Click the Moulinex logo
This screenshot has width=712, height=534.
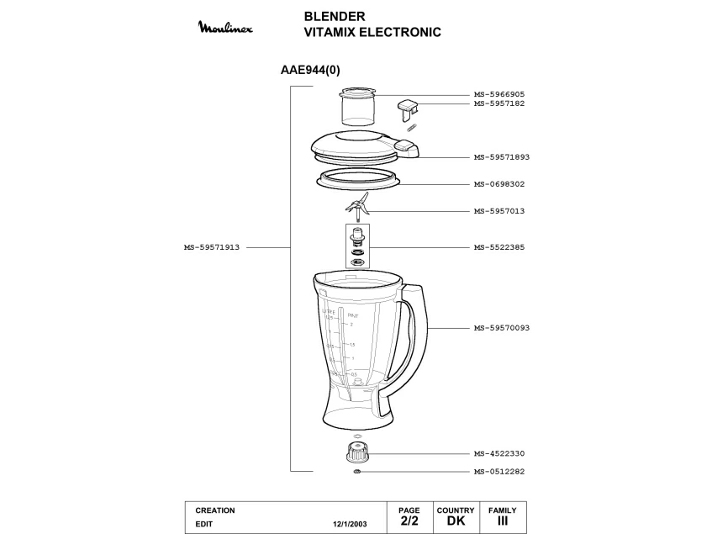pos(224,29)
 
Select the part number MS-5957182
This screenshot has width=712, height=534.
pos(498,103)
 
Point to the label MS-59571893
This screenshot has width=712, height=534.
pos(501,157)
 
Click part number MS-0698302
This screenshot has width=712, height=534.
pos(498,184)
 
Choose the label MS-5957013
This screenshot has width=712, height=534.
pos(498,211)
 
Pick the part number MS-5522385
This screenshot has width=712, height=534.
pos(498,247)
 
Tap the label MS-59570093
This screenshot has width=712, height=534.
pos(501,327)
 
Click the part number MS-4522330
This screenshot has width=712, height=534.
pos(498,453)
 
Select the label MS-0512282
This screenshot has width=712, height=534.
pos(498,472)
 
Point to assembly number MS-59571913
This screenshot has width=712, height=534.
pos(212,247)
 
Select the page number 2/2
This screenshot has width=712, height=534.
pos(409,521)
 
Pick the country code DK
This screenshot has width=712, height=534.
pos(456,521)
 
